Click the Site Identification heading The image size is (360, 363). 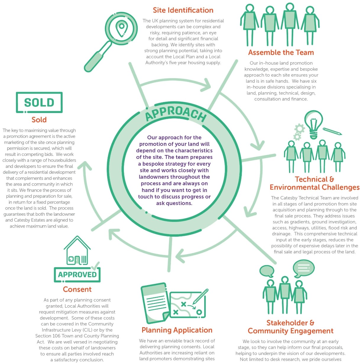183,10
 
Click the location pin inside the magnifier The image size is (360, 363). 121,28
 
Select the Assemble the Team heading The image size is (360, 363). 281,53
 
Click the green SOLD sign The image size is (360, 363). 39,102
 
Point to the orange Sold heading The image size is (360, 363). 39,120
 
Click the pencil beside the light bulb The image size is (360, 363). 332,131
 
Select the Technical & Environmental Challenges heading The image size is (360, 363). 314,183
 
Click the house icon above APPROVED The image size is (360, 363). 77,251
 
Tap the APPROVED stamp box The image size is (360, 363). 77,275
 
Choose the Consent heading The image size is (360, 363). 77,289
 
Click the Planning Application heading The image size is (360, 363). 177,330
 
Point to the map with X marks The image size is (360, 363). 187,305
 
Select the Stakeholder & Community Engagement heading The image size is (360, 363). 291,327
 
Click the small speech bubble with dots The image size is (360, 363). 267,271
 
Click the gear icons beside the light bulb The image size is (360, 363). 299,132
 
